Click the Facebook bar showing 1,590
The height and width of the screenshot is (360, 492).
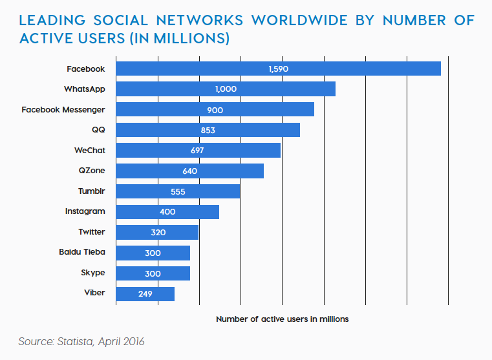pos(278,69)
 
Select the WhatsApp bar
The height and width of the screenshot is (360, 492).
pos(226,89)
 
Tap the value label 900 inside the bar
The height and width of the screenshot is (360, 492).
pos(215,110)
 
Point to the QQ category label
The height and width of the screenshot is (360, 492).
pos(98,130)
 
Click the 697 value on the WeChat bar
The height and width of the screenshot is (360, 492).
pos(197,151)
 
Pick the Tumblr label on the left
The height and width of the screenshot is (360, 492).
pos(91,191)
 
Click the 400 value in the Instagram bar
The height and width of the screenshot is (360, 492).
pos(167,212)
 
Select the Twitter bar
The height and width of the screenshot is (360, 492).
pos(157,232)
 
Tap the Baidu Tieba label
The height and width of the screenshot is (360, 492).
pos(81,252)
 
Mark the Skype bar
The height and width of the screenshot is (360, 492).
pos(153,273)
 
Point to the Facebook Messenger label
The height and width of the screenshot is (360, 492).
pos(63,110)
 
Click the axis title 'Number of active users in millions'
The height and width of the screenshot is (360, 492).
pos(282,319)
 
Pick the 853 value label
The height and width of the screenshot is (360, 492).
pos(207,130)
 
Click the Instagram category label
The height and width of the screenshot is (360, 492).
pos(85,211)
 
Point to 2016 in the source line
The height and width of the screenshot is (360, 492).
pos(132,341)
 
